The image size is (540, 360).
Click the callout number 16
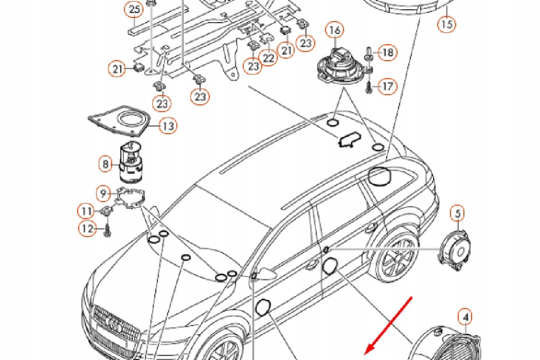click(x=335, y=30)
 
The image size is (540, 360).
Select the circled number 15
click(x=447, y=24)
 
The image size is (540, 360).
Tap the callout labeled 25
click(x=134, y=9)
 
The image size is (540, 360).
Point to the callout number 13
click(x=168, y=126)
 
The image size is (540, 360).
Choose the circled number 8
click(x=105, y=164)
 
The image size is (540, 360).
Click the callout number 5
click(x=457, y=213)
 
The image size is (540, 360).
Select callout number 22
click(x=269, y=57)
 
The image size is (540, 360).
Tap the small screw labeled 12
click(x=107, y=230)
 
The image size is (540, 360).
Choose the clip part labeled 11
click(x=107, y=211)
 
